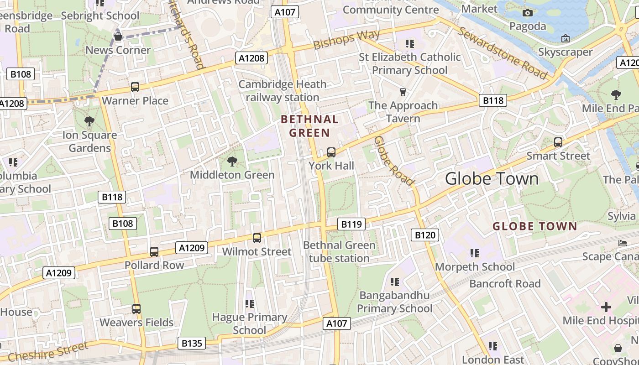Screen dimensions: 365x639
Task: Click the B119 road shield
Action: pos(351,224)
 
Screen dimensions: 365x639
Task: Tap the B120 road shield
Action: pos(425,235)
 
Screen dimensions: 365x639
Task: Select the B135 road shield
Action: pos(191,343)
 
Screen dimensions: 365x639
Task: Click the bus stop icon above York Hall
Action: pos(331,152)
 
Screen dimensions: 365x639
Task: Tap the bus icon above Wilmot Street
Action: pos(257,238)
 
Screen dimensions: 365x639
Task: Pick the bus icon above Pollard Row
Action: pos(154,252)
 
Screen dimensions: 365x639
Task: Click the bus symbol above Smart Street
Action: pos(558,142)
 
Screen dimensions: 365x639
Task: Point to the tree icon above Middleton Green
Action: pos(232,162)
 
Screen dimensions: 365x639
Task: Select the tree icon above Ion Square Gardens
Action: pos(89,121)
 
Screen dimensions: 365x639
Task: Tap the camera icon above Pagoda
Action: pos(528,13)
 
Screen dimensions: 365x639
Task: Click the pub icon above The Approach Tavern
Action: pos(403,92)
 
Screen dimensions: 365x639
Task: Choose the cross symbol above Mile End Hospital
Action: pos(606,307)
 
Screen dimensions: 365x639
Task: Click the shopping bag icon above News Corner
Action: pos(118,37)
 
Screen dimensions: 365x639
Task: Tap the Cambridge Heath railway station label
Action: pos(283,91)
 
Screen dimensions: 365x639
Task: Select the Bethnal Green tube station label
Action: pos(339,252)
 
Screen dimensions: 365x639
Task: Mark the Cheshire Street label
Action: pos(48,352)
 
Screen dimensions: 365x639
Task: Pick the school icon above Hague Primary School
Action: pos(250,304)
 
